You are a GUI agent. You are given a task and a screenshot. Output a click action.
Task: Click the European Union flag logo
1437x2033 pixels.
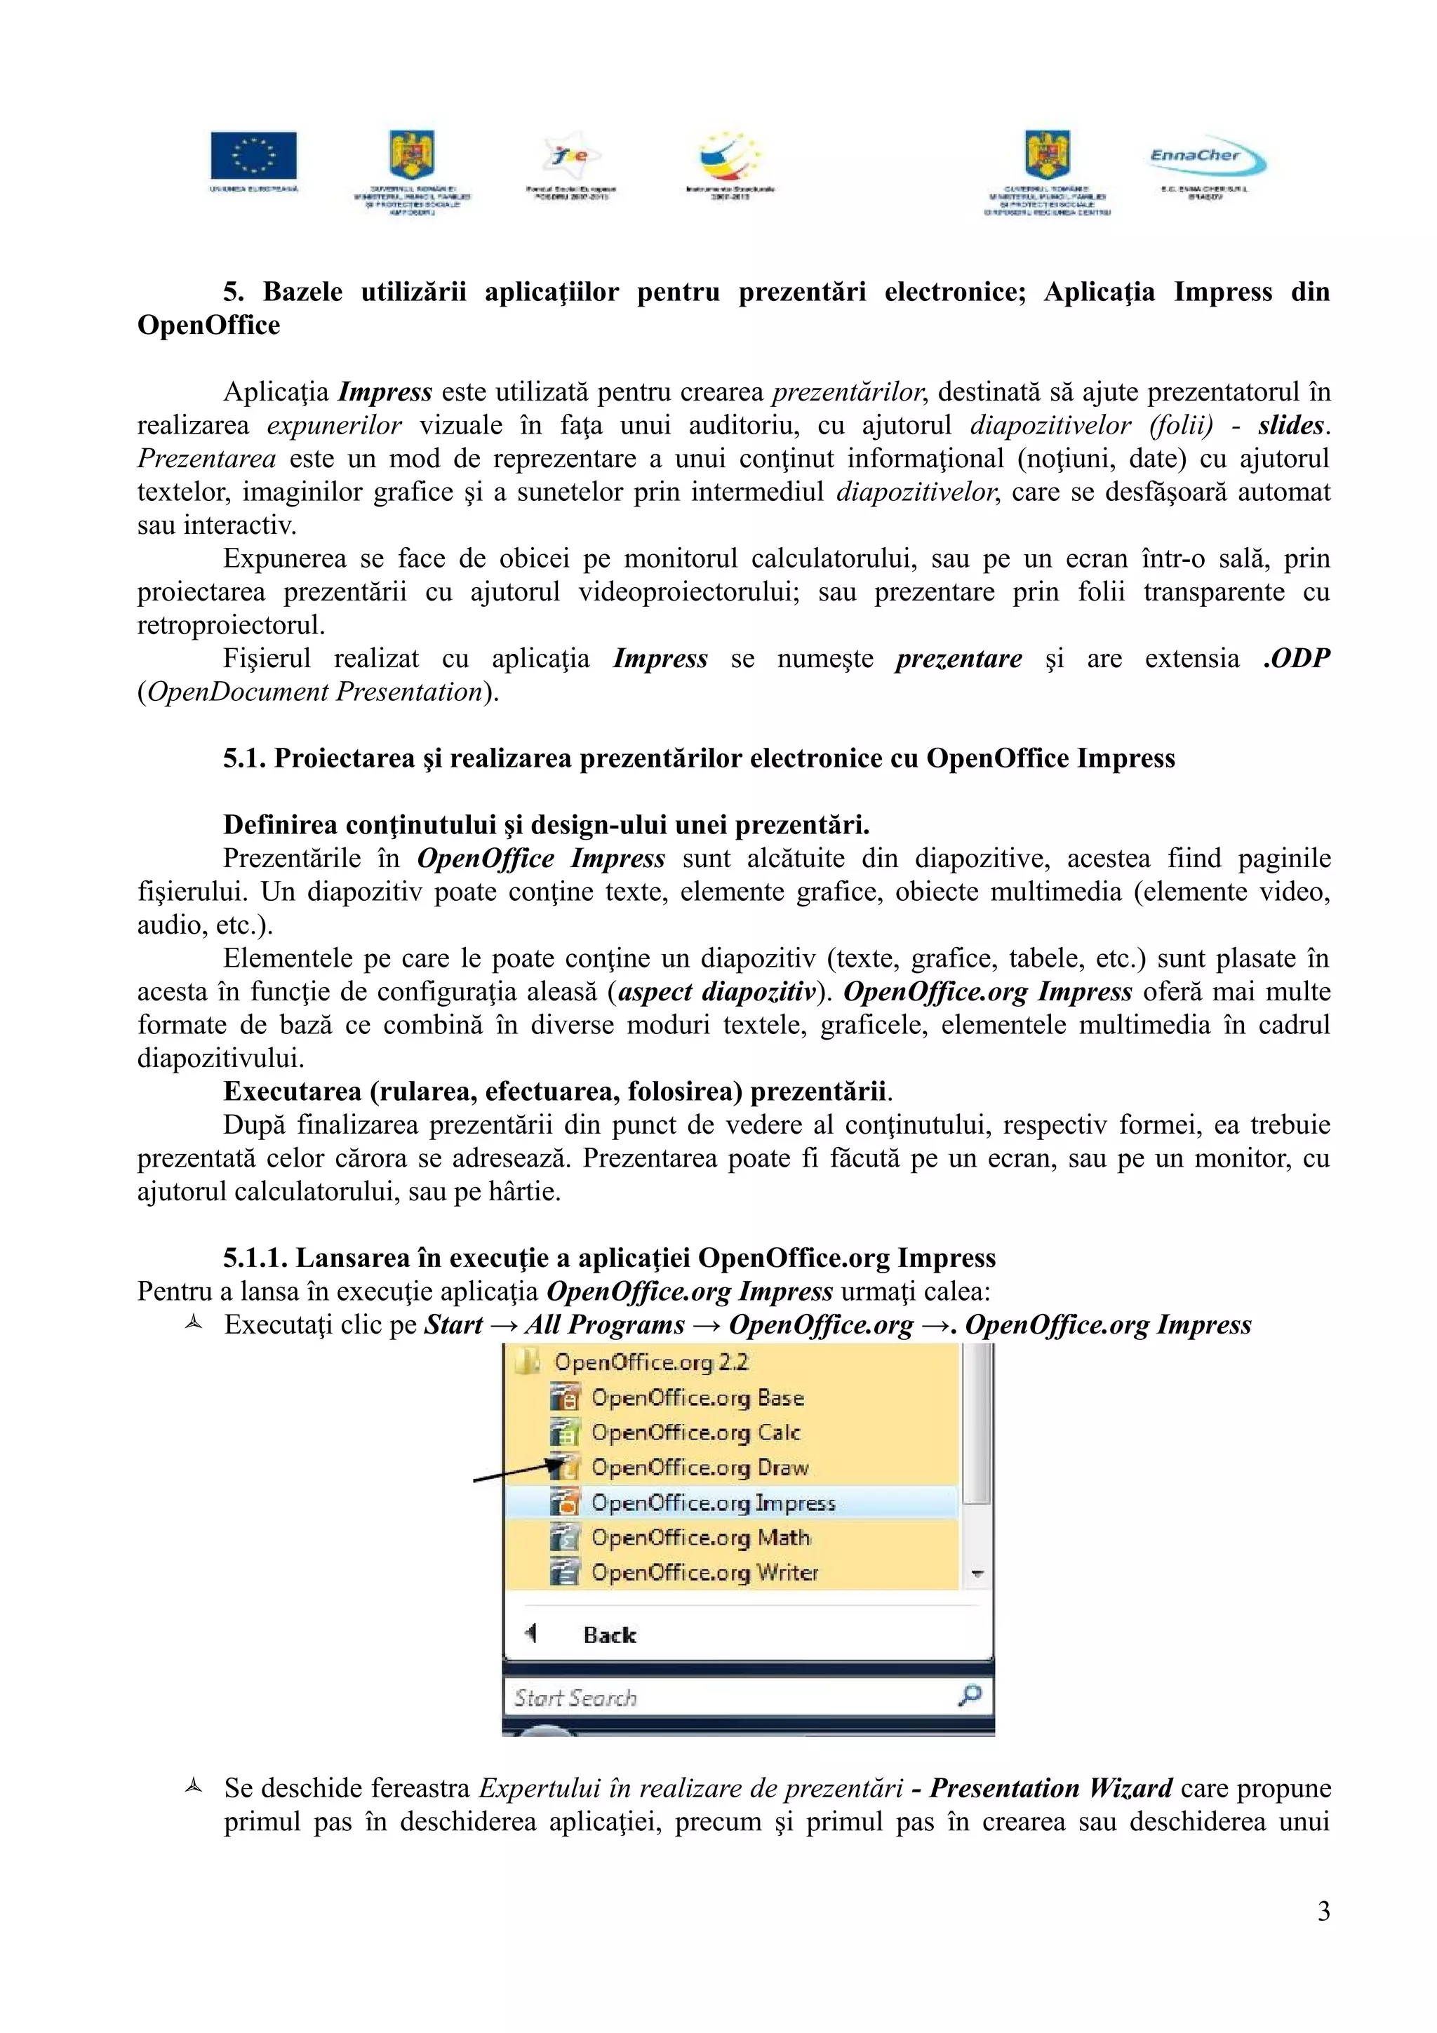(253, 156)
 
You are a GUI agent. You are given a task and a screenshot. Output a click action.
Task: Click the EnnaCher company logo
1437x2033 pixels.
(1207, 159)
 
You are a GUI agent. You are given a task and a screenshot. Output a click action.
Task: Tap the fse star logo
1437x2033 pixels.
(571, 156)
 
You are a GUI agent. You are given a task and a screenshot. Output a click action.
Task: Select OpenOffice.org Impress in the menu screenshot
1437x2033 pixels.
(713, 1503)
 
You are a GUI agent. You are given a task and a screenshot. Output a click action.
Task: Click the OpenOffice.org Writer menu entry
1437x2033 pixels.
(704, 1573)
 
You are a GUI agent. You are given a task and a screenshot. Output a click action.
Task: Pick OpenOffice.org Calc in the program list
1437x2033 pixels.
(695, 1433)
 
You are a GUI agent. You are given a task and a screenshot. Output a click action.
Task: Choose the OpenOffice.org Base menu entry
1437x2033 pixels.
(697, 1398)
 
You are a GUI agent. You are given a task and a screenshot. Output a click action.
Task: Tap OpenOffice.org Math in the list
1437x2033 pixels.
(700, 1538)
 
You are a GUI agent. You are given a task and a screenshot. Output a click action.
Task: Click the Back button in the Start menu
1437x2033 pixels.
(609, 1635)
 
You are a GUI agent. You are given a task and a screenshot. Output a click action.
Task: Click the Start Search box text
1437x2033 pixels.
(575, 1698)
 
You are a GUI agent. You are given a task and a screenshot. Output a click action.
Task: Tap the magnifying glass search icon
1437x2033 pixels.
(970, 1696)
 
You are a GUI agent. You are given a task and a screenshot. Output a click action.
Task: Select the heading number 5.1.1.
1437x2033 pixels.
(255, 1259)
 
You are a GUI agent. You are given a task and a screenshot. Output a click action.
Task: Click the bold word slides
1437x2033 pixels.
(1290, 426)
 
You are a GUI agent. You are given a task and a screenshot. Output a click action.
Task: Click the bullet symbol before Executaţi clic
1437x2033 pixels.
(194, 1324)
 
